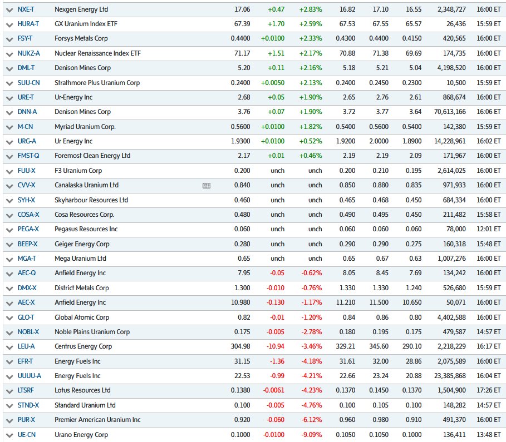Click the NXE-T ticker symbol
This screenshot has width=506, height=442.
pyautogui.click(x=26, y=9)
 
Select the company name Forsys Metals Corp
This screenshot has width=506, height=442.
pyautogui.click(x=81, y=38)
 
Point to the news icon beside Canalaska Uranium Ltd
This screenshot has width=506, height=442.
pyautogui.click(x=207, y=186)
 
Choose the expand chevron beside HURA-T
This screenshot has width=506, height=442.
pyautogui.click(x=8, y=24)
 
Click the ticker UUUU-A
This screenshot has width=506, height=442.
pyautogui.click(x=30, y=376)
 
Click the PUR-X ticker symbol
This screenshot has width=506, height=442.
pyautogui.click(x=26, y=420)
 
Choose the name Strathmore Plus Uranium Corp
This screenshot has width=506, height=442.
pyautogui.click(x=97, y=83)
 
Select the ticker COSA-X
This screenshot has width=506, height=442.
pyautogui.click(x=28, y=215)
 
